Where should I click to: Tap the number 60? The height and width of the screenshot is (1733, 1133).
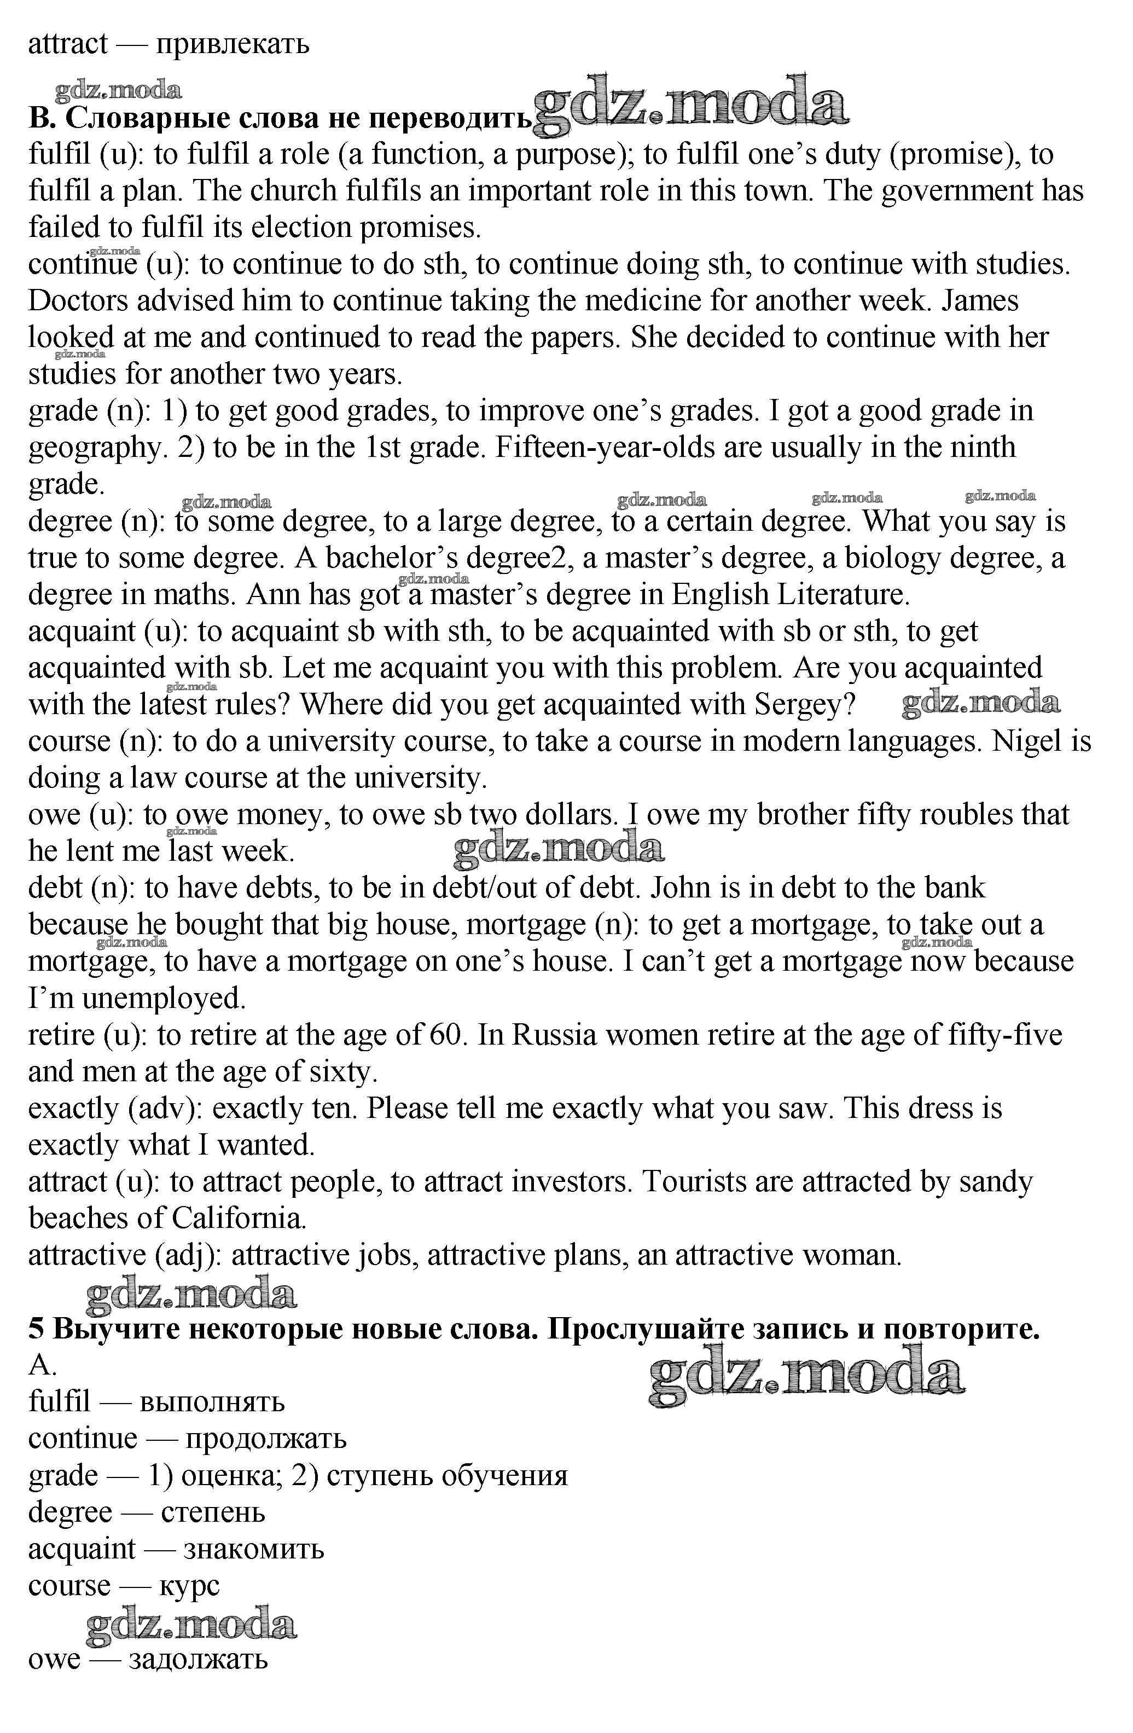click(446, 1035)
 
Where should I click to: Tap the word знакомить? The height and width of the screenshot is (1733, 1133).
click(253, 1549)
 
